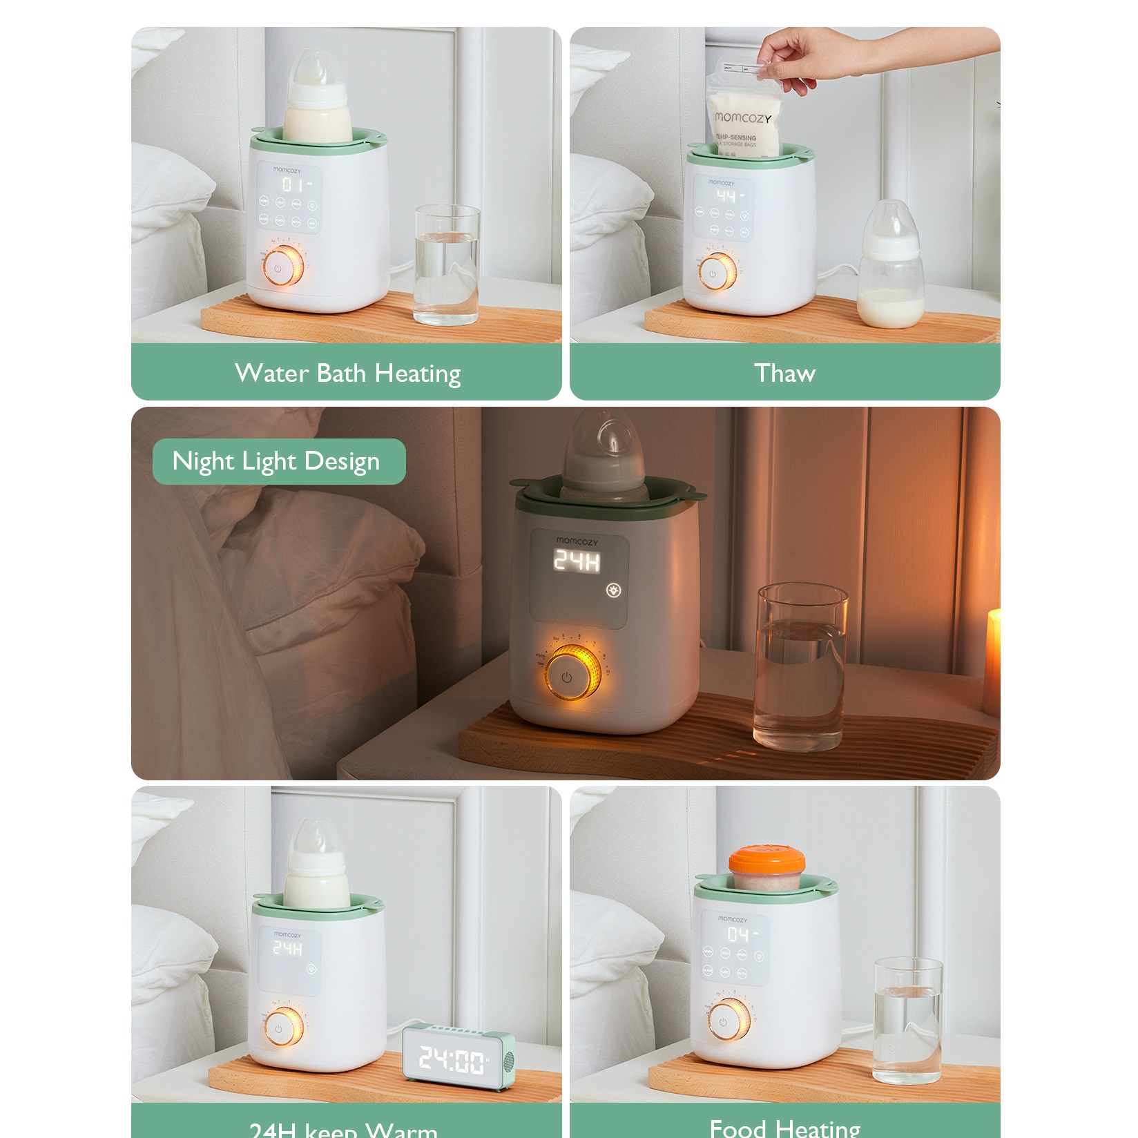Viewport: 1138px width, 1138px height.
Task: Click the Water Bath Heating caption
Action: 347,373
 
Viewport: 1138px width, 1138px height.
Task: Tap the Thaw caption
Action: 784,373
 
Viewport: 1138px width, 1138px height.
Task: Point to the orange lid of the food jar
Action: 766,860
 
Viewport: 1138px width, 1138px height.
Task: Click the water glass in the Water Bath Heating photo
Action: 447,265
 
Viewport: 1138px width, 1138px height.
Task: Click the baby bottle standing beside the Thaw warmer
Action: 890,266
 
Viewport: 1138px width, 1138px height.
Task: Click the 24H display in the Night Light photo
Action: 577,561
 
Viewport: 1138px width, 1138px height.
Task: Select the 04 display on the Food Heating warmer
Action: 737,934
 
